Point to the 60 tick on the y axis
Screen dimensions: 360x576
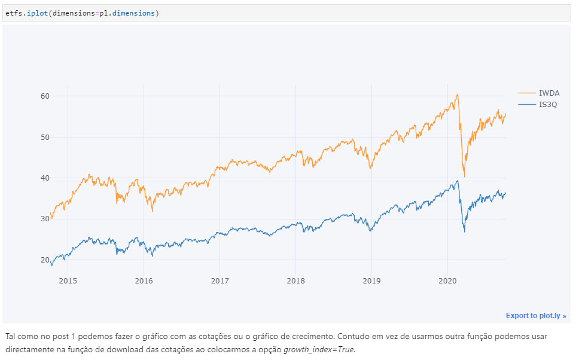pyautogui.click(x=45, y=96)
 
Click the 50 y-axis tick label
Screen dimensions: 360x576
pyautogui.click(x=45, y=137)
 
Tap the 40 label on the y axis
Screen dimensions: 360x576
pyautogui.click(x=45, y=178)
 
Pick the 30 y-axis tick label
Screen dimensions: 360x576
pyautogui.click(x=45, y=219)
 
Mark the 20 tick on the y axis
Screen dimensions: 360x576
pyautogui.click(x=45, y=260)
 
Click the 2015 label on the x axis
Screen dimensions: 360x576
pyautogui.click(x=68, y=280)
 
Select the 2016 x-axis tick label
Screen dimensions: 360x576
pyautogui.click(x=144, y=280)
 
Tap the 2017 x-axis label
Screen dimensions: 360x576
pyautogui.click(x=220, y=280)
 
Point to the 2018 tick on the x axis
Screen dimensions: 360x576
pyautogui.click(x=295, y=280)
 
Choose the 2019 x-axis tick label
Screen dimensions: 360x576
pyautogui.click(x=371, y=280)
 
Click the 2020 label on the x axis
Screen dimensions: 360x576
pyautogui.click(x=447, y=280)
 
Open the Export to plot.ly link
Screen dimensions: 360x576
pyautogui.click(x=535, y=316)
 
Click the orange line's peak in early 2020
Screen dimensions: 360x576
pyautogui.click(x=457, y=94)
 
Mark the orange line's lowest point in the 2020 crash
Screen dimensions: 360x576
pyautogui.click(x=465, y=176)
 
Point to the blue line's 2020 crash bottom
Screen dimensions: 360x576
pyautogui.click(x=465, y=231)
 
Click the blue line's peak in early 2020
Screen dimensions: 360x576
pyautogui.click(x=458, y=181)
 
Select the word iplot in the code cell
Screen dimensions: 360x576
pyautogui.click(x=33, y=13)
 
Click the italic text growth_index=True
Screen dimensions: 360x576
pyautogui.click(x=319, y=349)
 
